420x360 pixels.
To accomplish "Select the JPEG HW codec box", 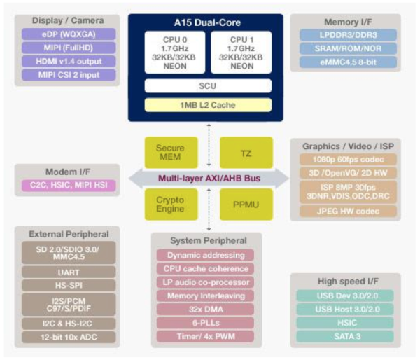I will click(x=348, y=211).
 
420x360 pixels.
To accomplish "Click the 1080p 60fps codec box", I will click(x=348, y=160).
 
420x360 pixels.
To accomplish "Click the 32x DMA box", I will click(x=206, y=308).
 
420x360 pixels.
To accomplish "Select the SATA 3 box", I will click(x=348, y=336).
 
